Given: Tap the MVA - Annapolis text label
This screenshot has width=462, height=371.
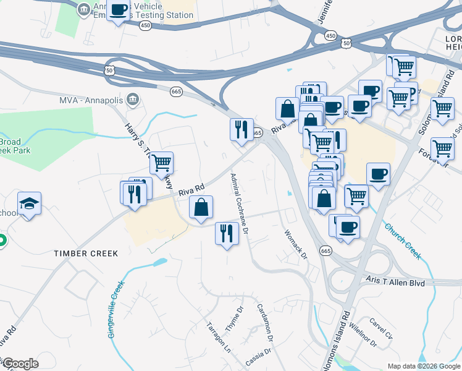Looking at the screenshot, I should click(91, 100).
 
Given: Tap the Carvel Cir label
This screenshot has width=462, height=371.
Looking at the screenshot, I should click(380, 328).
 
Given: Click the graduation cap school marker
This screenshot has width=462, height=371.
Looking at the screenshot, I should click(29, 203).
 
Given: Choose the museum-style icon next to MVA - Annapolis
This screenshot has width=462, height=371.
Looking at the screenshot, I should click(132, 100).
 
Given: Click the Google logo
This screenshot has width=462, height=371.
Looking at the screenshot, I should click(20, 364).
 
